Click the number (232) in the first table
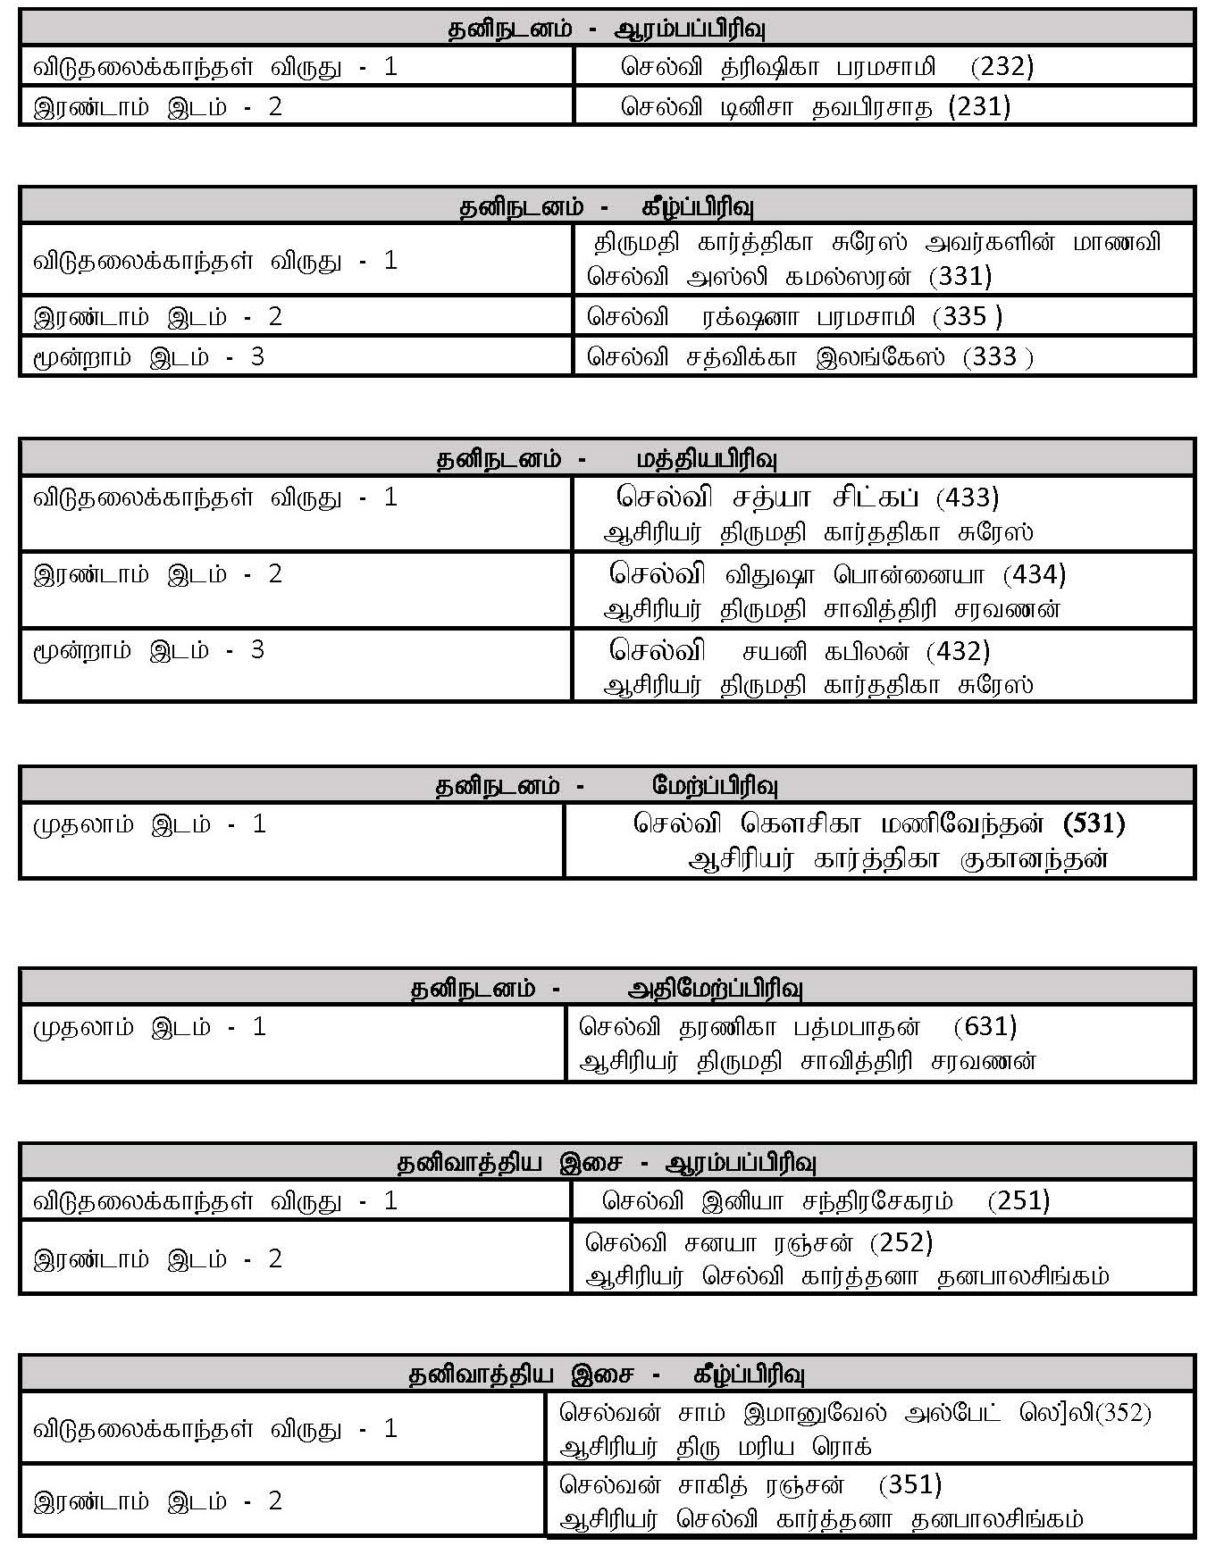1002,67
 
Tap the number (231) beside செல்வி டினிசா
979,107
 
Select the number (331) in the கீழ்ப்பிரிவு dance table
960,277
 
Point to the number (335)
968,317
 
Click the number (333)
998,357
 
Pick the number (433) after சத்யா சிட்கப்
968,497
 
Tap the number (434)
1034,573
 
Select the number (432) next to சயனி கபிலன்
958,651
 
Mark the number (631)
985,1026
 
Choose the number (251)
1018,1200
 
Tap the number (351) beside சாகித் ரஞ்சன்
910,1484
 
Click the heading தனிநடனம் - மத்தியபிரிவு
607,460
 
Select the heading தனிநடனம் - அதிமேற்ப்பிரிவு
607,989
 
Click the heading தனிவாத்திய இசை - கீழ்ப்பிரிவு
607,1375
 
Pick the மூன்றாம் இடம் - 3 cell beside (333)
149,357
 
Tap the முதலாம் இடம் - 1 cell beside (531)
149,823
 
